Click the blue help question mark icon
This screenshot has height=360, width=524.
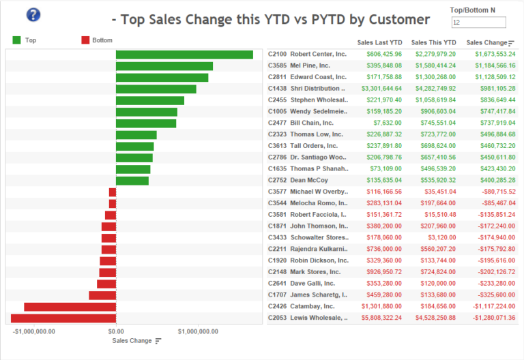point(33,15)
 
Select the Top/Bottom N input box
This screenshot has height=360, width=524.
point(478,23)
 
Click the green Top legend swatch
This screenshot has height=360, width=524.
point(17,40)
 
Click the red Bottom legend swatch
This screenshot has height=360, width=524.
point(85,40)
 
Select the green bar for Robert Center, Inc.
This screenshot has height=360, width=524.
point(184,55)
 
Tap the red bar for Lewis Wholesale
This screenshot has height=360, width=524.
point(63,318)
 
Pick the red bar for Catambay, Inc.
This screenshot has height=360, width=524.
point(70,307)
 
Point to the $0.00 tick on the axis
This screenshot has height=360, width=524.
point(116,331)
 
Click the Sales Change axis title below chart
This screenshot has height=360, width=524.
point(132,340)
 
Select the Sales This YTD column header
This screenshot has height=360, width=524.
point(434,42)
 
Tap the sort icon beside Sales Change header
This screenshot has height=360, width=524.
point(512,43)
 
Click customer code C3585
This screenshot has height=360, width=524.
point(277,65)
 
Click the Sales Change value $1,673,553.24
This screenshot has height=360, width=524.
point(491,54)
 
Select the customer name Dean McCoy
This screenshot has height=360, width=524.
point(309,181)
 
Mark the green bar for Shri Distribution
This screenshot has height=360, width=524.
point(156,89)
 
